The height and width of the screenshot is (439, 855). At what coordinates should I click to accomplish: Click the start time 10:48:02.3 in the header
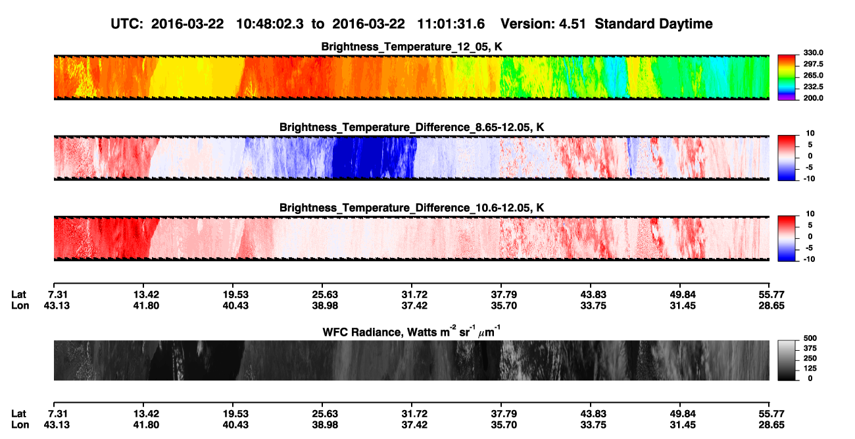pos(270,24)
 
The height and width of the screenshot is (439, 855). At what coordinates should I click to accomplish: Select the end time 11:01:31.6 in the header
pos(451,24)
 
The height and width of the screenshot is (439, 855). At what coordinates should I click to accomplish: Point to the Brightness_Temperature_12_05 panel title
pos(412,47)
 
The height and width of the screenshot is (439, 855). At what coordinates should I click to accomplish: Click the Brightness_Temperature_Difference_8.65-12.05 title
pos(412,127)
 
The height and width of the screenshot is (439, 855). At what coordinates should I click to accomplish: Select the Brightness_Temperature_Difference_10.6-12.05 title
pos(412,208)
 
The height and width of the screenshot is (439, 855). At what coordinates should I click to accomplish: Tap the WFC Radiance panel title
pos(412,332)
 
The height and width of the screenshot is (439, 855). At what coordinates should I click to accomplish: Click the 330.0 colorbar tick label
pos(813,53)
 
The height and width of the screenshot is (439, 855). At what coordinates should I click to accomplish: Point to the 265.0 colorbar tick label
pos(813,75)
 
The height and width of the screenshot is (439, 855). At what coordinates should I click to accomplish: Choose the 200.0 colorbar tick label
pos(813,98)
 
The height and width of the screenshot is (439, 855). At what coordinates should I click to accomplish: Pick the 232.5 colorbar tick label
pos(813,87)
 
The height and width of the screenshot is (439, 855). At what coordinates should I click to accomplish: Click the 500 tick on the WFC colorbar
pos(810,338)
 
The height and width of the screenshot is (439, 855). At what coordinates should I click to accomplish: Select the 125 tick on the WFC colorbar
pos(810,369)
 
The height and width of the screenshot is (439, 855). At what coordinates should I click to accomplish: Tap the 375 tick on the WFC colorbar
pos(810,348)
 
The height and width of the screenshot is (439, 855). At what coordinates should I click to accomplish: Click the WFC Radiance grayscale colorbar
pos(787,360)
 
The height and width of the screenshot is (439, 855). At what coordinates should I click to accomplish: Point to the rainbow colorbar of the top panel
pos(787,78)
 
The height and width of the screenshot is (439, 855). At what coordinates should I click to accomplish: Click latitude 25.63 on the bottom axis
pos(325,414)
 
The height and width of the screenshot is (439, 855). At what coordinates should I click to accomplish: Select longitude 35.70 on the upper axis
pos(504,305)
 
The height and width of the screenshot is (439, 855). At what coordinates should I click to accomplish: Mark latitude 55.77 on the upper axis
pos(771,295)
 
